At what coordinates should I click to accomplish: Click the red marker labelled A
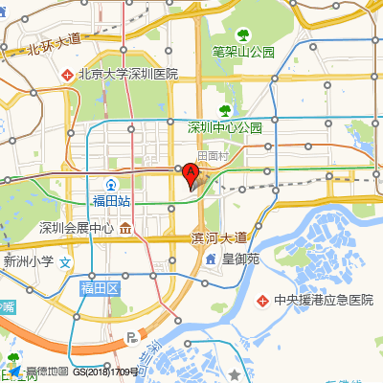pos(191,176)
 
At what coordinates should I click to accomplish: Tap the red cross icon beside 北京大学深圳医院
pos(67,74)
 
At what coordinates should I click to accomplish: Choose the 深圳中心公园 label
pos(225,126)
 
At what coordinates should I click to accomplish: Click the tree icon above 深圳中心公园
pos(225,109)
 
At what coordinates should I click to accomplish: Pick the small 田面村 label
pos(213,156)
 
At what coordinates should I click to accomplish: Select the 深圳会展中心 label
pos(77,228)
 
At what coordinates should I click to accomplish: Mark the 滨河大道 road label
pos(219,237)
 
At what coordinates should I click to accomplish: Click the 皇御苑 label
pos(241,259)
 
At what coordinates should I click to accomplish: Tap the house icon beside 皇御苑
pos(210,259)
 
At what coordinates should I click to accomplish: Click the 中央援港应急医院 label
pos(323,300)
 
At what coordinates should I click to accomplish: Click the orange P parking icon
pos(132,337)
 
